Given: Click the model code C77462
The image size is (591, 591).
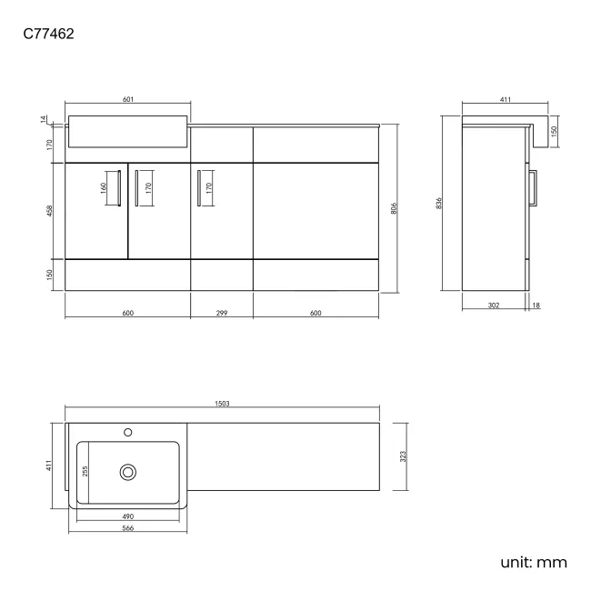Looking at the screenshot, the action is click(48, 34).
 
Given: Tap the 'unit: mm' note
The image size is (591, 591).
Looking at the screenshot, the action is click(534, 562).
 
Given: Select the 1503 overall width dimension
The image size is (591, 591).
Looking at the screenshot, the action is click(222, 404).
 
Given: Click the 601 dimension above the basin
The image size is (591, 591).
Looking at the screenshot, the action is click(128, 99).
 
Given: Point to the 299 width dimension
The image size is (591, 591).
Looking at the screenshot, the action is click(222, 313).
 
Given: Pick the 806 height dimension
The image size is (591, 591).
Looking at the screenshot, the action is click(394, 208).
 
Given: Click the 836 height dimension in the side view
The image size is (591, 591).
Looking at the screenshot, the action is click(438, 204).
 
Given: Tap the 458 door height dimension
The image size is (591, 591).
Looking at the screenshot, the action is click(49, 211).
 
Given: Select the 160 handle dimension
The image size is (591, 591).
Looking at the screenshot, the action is click(104, 188).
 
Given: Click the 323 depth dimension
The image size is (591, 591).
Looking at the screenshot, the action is click(403, 456).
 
